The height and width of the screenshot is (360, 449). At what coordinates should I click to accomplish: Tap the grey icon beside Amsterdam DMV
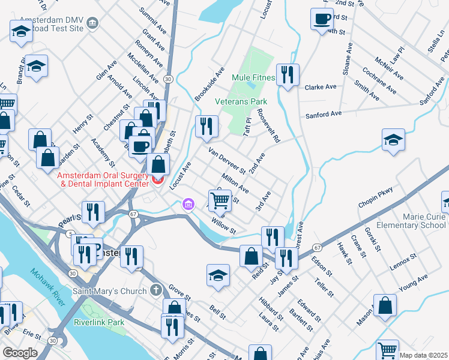pyautogui.click(x=92, y=23)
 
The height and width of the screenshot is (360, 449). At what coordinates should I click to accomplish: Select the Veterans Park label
pyautogui.click(x=241, y=102)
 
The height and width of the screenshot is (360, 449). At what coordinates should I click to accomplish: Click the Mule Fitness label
pyautogui.click(x=253, y=78)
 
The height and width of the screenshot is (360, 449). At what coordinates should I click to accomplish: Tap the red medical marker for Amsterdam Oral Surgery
pyautogui.click(x=158, y=178)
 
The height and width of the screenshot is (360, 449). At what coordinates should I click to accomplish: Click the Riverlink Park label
pyautogui.click(x=99, y=322)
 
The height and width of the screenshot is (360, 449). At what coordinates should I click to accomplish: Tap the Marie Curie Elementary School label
pyautogui.click(x=409, y=220)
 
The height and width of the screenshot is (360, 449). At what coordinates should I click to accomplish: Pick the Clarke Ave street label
pyautogui.click(x=321, y=87)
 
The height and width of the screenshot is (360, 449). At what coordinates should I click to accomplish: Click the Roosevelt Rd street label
pyautogui.click(x=268, y=125)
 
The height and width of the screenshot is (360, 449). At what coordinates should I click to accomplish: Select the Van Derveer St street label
pyautogui.click(x=226, y=160)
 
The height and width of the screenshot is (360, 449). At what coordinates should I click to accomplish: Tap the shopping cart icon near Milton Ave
pyautogui.click(x=220, y=200)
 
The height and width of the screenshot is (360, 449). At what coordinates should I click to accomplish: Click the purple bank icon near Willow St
pyautogui.click(x=188, y=206)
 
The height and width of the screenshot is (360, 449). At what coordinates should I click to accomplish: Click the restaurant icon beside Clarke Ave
pyautogui.click(x=288, y=75)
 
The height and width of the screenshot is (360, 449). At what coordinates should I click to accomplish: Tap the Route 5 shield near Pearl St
pyautogui.click(x=71, y=233)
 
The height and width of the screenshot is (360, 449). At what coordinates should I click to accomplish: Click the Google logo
pyautogui.click(x=20, y=353)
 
